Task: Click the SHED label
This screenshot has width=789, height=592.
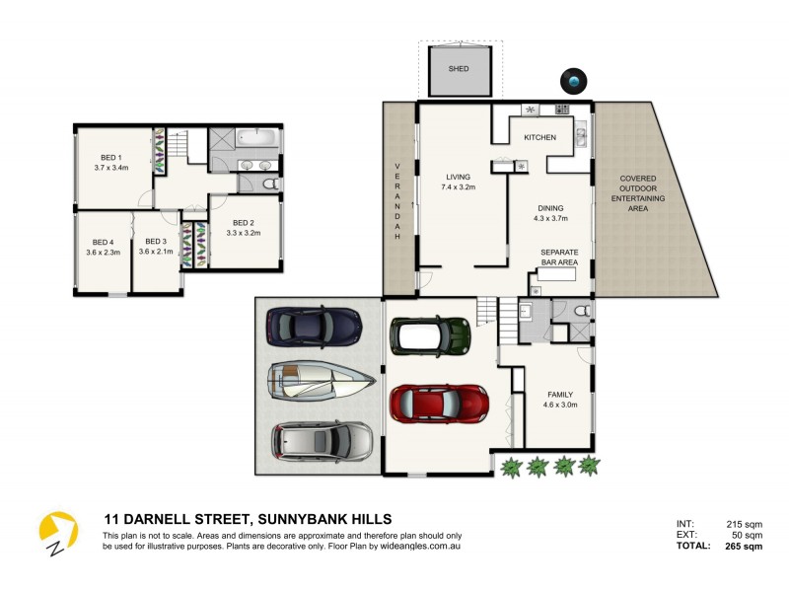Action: (459, 69)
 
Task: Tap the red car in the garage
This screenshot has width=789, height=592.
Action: (439, 403)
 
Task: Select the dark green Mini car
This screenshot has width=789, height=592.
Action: (430, 334)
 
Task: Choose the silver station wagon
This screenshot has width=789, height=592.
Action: (323, 441)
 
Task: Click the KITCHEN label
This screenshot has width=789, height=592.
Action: (539, 137)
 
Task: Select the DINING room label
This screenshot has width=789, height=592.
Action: (550, 208)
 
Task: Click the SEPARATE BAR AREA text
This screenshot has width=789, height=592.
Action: (559, 258)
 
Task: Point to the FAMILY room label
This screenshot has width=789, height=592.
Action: (559, 395)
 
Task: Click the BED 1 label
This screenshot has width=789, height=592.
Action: (111, 158)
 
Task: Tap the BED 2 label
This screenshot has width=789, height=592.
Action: (242, 224)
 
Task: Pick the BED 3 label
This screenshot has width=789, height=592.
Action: (156, 243)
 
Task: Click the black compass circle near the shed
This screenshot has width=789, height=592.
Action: (573, 80)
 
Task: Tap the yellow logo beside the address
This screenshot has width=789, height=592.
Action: (57, 532)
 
